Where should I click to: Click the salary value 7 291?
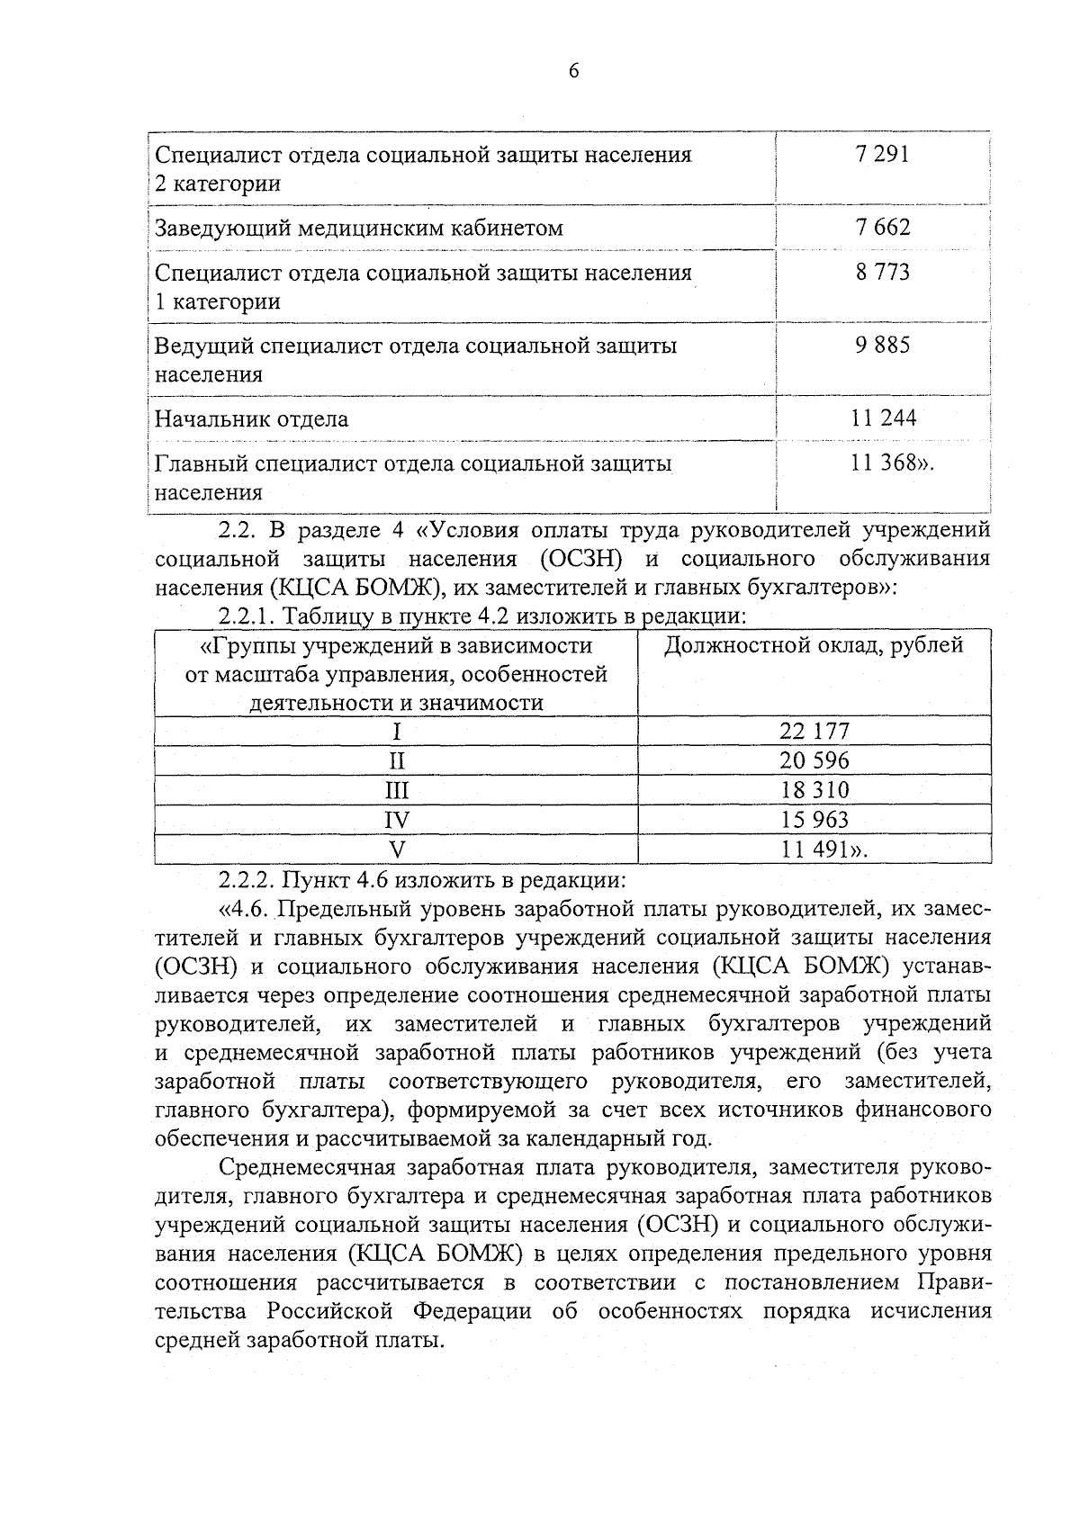tap(882, 155)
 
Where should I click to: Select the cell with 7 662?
tap(882, 227)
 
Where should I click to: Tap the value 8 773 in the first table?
tap(882, 272)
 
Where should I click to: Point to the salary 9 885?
tap(882, 345)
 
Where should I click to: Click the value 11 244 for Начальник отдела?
tap(882, 418)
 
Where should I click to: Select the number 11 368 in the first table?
tap(879, 463)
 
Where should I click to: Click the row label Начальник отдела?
tap(252, 419)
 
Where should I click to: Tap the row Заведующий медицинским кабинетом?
tap(358, 229)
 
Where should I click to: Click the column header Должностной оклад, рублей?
tap(814, 645)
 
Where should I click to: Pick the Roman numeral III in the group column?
tap(396, 791)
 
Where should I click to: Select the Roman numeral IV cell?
tap(396, 821)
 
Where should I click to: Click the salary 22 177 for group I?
tap(814, 732)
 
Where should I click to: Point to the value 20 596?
tap(814, 761)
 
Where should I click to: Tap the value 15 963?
tap(814, 820)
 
